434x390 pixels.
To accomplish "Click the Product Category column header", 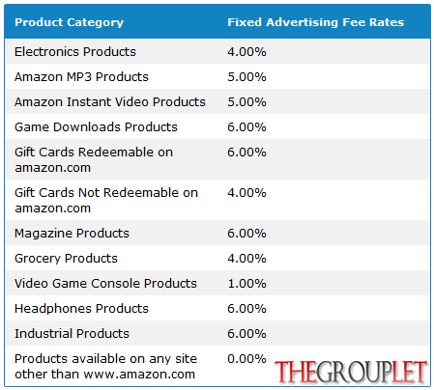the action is (70, 22).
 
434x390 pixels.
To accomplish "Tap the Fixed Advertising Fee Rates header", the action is (316, 22).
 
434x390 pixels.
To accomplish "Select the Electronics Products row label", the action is (75, 52).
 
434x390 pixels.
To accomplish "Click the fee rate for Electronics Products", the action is (246, 52).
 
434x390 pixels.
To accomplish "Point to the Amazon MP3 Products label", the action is (81, 77).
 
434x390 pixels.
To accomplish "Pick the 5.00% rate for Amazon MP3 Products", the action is (246, 77).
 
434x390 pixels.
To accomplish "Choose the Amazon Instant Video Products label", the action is (110, 102).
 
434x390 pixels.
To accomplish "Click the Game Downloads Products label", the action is (96, 127).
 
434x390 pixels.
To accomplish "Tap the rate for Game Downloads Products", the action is (246, 127).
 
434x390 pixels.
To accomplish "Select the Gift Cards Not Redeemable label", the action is (106, 200).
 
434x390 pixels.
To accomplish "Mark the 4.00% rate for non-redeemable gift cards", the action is (246, 193).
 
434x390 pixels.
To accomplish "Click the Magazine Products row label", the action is (72, 234).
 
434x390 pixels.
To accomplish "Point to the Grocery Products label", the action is (66, 259).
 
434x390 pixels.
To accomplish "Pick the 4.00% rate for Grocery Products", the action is (246, 259).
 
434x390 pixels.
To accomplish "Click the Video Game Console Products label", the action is (105, 284).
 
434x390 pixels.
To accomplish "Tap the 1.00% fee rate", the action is (246, 284).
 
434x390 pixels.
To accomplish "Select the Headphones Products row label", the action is (81, 309).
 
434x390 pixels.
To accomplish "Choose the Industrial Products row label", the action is (72, 334).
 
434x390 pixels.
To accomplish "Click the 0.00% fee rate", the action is (246, 359).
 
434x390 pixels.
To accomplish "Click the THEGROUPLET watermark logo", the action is (351, 372).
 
